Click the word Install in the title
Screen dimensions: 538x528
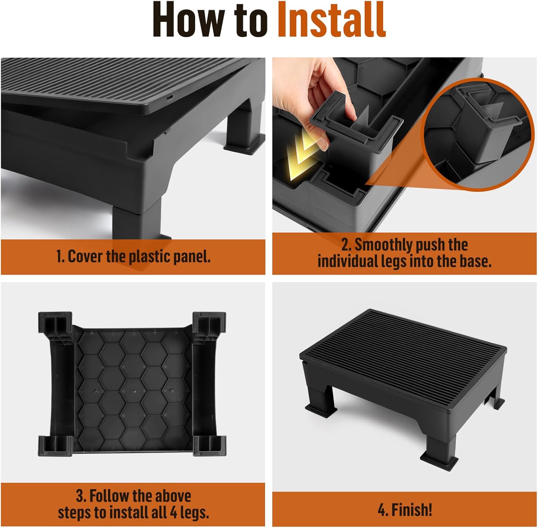click(x=331, y=19)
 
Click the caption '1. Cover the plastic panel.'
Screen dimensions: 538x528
click(x=133, y=257)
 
